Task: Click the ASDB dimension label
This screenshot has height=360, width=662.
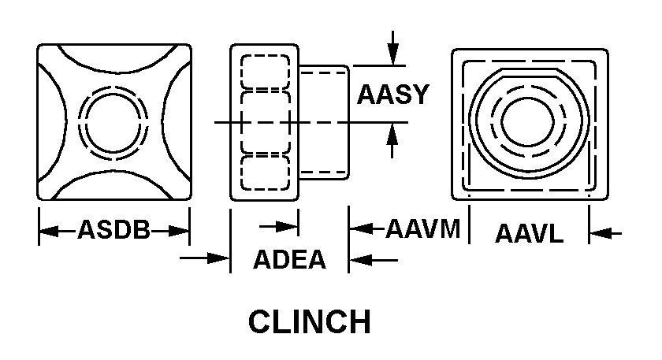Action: (x=113, y=231)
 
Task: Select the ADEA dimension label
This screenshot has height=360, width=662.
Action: (x=289, y=259)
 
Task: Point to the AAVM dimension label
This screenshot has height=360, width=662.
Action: (x=422, y=229)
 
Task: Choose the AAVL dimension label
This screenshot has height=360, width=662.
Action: (x=529, y=233)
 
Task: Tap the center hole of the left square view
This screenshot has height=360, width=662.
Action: (x=115, y=122)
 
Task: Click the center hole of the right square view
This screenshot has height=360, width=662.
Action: (x=529, y=121)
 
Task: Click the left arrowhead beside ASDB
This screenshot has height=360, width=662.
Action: (x=46, y=232)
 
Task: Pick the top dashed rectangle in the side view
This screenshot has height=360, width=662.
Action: (x=264, y=72)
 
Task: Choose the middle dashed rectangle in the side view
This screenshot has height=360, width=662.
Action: (x=264, y=122)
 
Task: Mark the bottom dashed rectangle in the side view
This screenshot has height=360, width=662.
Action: (x=264, y=173)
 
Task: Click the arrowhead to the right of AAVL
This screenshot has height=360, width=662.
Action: (x=597, y=233)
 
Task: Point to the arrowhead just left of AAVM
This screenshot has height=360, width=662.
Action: (x=357, y=229)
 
